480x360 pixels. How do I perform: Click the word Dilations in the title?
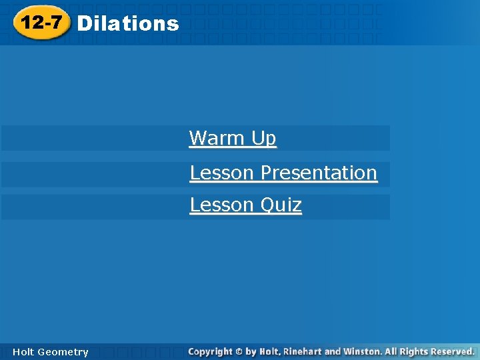[x=128, y=24]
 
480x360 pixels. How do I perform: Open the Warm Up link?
[x=233, y=138]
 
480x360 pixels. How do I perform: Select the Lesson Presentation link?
[x=283, y=173]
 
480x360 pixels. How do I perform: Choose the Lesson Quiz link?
[x=245, y=205]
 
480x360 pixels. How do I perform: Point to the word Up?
[x=264, y=139]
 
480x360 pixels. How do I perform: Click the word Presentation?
[x=319, y=173]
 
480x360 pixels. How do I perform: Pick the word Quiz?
[x=281, y=205]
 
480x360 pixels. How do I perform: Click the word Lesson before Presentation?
[x=222, y=173]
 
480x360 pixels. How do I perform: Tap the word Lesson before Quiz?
[x=222, y=205]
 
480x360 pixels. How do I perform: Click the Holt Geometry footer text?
[x=50, y=352]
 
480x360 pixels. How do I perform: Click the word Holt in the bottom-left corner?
[x=23, y=352]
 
